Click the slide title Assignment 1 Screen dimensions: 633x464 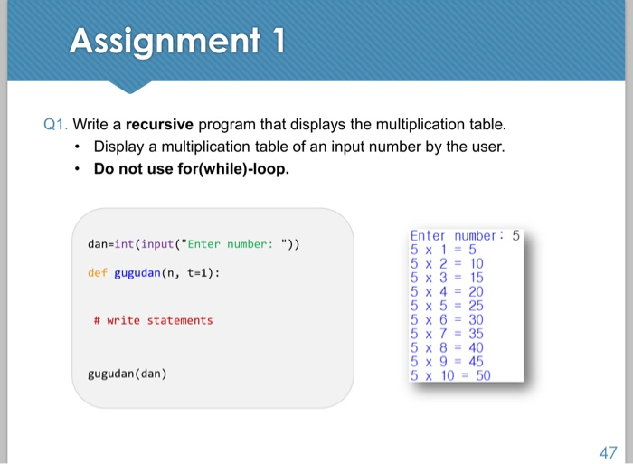point(177,42)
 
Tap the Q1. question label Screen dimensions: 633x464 point(55,124)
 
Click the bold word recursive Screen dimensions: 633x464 point(159,124)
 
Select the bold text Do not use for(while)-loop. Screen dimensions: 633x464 point(192,168)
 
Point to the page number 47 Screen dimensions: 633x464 point(608,452)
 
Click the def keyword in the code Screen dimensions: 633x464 point(98,273)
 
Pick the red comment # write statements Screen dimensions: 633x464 point(153,321)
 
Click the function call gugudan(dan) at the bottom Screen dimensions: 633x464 point(128,374)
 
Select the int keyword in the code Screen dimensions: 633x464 point(124,244)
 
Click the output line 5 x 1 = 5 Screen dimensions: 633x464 point(443,250)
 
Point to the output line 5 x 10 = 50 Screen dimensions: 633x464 point(450,375)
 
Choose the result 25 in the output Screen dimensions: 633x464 point(476,306)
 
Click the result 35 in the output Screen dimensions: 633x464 point(476,334)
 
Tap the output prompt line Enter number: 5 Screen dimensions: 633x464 point(465,235)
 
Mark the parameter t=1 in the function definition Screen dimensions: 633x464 point(197,273)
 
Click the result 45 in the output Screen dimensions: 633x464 point(476,362)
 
